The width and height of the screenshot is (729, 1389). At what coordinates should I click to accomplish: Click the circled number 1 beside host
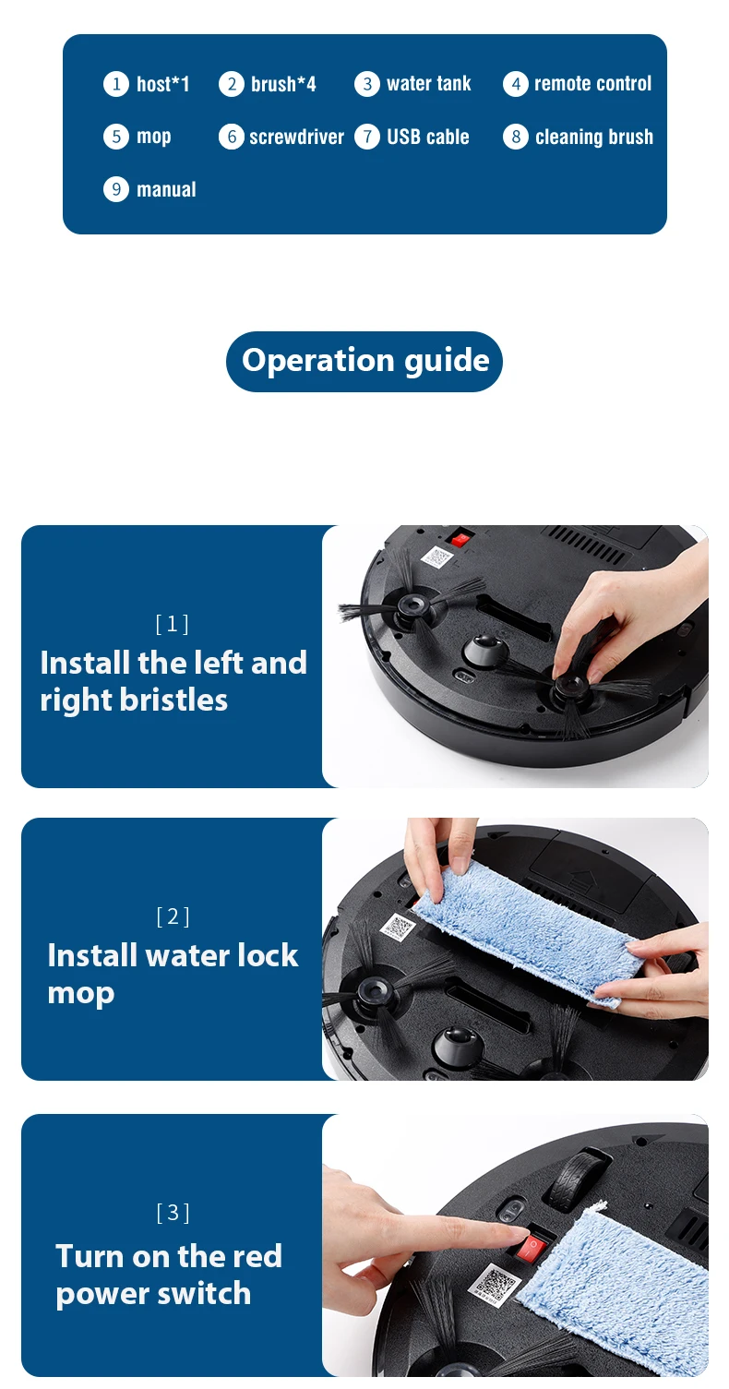tap(116, 84)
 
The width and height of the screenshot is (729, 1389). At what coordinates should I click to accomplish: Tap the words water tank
tap(428, 83)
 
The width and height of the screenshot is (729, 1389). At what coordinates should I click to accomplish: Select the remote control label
tap(592, 83)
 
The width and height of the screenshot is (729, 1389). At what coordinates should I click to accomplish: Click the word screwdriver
tap(296, 137)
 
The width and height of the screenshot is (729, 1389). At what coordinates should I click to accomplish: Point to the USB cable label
tap(428, 137)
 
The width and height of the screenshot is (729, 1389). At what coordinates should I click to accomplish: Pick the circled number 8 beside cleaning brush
tap(516, 137)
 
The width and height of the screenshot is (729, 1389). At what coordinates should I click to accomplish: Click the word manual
tap(166, 189)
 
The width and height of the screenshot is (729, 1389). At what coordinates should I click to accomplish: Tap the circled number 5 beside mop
tap(116, 137)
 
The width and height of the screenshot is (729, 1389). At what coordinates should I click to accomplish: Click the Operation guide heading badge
tap(364, 362)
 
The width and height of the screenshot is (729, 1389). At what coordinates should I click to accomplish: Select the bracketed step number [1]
tap(173, 623)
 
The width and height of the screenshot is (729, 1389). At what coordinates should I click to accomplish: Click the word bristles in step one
tap(173, 700)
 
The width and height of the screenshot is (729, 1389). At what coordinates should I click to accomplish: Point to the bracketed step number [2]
tap(173, 916)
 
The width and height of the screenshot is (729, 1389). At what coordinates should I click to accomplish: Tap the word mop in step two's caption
tap(81, 994)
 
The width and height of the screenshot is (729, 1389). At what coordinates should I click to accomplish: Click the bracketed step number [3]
tap(173, 1212)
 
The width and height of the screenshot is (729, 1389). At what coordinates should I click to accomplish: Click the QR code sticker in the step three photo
tap(494, 1284)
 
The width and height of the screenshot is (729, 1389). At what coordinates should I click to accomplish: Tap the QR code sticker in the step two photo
tap(399, 927)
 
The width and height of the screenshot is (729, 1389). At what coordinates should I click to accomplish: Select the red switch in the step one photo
tap(460, 537)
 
